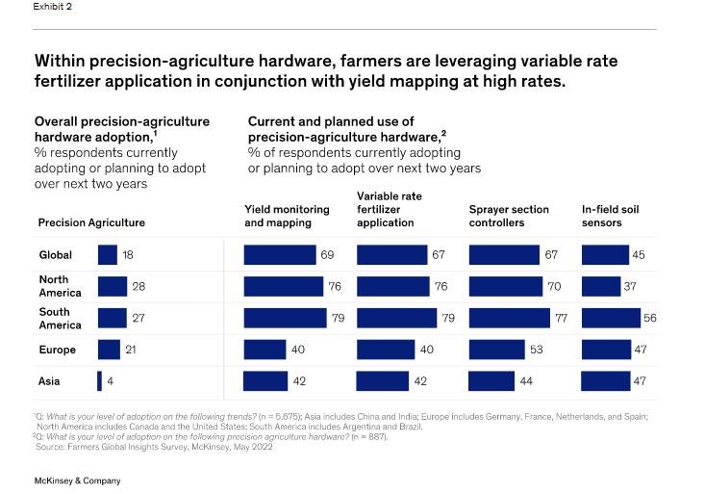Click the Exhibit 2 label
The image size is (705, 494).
pyautogui.click(x=52, y=7)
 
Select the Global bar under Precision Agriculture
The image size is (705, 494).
pyautogui.click(x=107, y=254)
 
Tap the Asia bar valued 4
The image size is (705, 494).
pyautogui.click(x=99, y=381)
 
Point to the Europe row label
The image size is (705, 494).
pyautogui.click(x=57, y=350)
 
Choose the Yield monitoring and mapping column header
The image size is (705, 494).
pyautogui.click(x=287, y=216)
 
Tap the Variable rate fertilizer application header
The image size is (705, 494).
pyautogui.click(x=390, y=209)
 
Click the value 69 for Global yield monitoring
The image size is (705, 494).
pyautogui.click(x=327, y=254)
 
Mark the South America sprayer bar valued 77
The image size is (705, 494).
pyautogui.click(x=508, y=318)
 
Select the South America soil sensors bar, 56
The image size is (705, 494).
pyautogui.click(x=611, y=318)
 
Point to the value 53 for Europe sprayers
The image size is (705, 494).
pyautogui.click(x=537, y=350)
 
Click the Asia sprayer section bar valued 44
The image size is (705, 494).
pyautogui.click(x=491, y=381)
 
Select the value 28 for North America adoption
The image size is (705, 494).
pyautogui.click(x=138, y=286)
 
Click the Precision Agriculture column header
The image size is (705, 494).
pyautogui.click(x=91, y=222)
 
